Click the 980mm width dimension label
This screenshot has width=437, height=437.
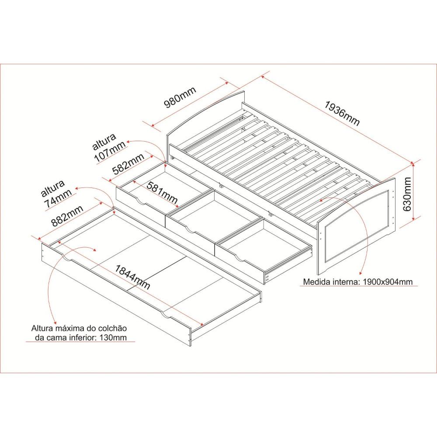(180, 97)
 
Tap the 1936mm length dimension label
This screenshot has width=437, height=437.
(342, 114)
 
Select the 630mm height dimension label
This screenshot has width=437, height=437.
(407, 194)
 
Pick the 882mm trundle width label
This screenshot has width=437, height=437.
(67, 216)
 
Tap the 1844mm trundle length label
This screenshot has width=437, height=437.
(132, 277)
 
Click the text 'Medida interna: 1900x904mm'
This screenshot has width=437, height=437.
(357, 282)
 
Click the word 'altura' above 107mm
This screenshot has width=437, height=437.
(104, 142)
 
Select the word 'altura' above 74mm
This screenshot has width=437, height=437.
(53, 188)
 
